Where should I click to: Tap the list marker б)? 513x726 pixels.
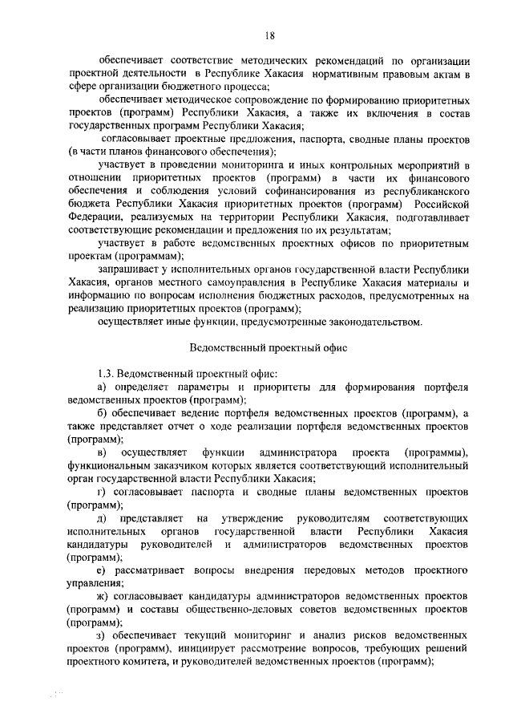point(102,413)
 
